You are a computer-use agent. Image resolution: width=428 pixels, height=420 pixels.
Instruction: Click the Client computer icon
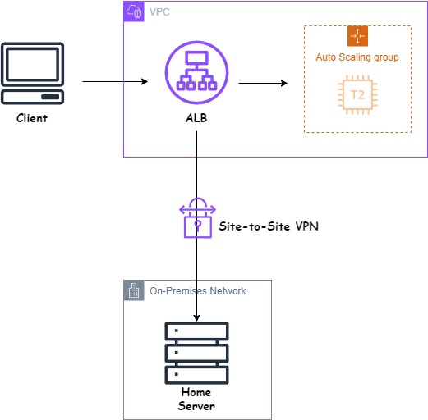click(x=32, y=73)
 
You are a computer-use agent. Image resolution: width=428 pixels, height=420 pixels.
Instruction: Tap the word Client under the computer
click(x=32, y=118)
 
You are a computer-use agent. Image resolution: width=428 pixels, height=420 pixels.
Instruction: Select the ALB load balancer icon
click(x=196, y=72)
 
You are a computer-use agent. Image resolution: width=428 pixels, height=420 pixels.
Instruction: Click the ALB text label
click(x=196, y=118)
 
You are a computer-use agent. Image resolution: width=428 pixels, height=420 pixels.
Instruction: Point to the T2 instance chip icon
click(x=357, y=94)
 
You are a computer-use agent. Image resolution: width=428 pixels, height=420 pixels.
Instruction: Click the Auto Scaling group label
click(x=357, y=57)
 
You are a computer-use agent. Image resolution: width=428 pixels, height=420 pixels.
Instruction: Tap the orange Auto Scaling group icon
click(x=357, y=36)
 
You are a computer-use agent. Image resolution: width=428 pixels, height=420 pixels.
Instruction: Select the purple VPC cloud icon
click(x=134, y=11)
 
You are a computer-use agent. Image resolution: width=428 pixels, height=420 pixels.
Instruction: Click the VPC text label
click(x=159, y=12)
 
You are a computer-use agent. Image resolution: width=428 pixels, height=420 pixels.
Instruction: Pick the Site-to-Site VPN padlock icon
click(x=197, y=217)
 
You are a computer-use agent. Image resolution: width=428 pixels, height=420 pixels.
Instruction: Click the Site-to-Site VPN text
click(x=269, y=226)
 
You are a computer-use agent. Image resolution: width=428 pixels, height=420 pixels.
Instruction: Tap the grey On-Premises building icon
click(x=134, y=290)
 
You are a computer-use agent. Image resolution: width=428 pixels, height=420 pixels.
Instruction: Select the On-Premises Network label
click(x=198, y=291)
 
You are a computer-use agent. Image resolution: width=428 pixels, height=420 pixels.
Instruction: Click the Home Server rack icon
click(x=196, y=353)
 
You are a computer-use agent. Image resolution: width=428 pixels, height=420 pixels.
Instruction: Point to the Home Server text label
click(x=196, y=399)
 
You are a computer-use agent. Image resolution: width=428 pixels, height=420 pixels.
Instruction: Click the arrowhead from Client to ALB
click(x=145, y=81)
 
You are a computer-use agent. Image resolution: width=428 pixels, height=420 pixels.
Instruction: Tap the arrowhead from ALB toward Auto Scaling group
click(x=284, y=83)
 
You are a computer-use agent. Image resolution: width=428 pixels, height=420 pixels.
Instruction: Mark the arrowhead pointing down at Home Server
click(x=196, y=318)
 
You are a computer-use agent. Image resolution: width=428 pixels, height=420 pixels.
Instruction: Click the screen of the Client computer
click(x=32, y=64)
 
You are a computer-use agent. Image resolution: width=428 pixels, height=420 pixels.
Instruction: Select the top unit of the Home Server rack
click(x=196, y=331)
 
